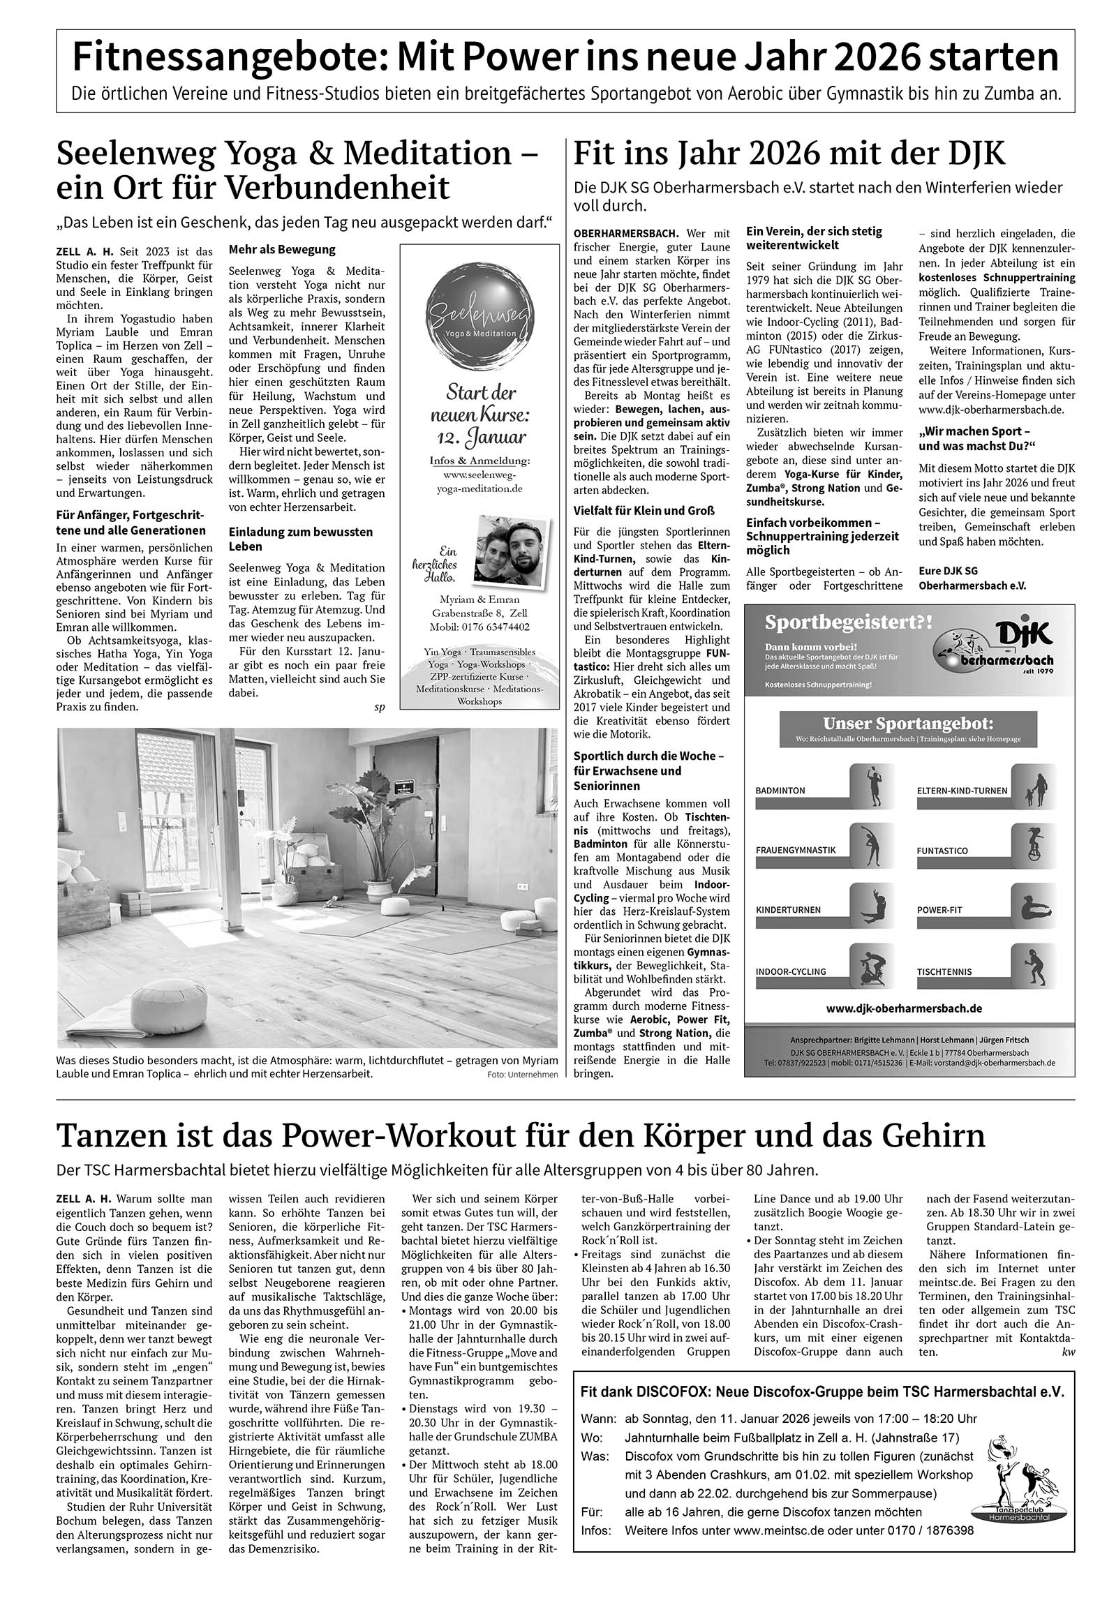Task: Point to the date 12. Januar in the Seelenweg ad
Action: coord(479,438)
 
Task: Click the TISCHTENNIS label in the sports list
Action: coord(944,971)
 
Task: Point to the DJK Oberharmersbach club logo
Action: coord(995,649)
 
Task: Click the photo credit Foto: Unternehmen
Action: coord(523,1075)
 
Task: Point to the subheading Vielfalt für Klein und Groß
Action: coord(644,511)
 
